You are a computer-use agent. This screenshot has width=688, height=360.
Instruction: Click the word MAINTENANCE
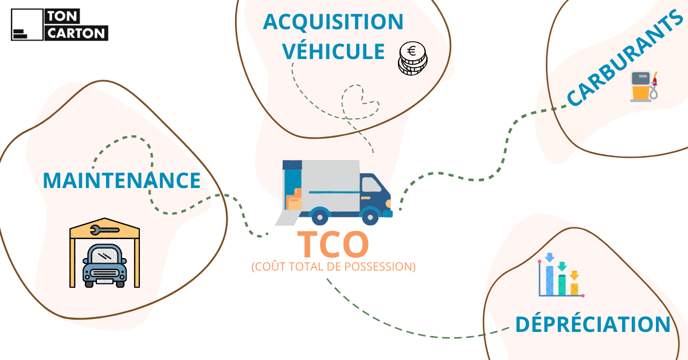pos(122,180)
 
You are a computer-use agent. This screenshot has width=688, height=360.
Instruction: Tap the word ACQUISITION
pos(333,22)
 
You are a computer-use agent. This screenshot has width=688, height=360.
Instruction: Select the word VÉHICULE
pos(334,52)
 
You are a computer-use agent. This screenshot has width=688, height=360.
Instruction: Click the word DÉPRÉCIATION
pos(592,324)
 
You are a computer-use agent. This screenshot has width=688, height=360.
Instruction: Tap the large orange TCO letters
pos(333,244)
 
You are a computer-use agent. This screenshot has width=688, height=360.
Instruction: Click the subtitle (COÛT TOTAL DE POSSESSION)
pos(333,267)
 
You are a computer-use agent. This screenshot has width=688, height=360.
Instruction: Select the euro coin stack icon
pos(413,58)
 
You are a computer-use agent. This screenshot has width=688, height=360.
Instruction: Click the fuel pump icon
pos(643,86)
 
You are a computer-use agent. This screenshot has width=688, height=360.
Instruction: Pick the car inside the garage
pos(104,266)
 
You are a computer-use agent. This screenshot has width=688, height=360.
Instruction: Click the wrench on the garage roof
pos(104,230)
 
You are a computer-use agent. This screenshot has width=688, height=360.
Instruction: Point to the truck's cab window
pos(372,184)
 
